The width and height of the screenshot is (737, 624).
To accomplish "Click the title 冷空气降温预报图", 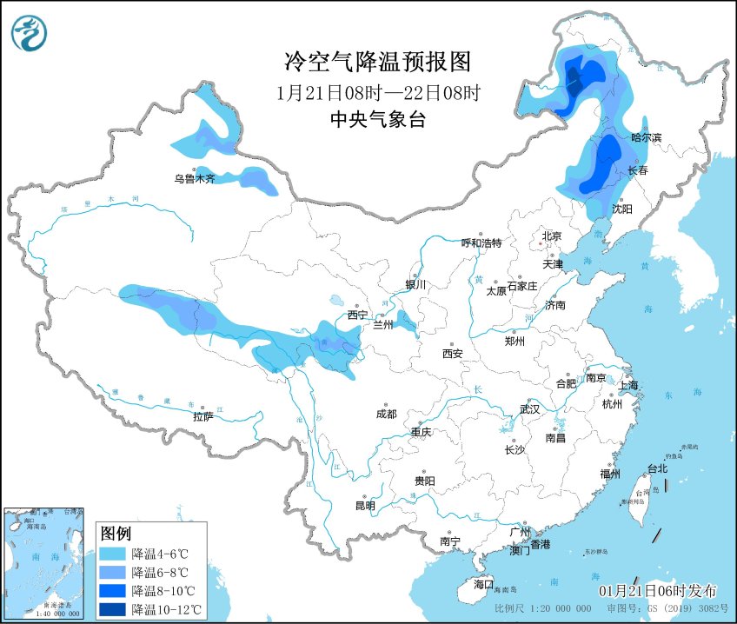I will coord(377,62).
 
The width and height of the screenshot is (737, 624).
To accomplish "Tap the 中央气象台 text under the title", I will coord(377,121).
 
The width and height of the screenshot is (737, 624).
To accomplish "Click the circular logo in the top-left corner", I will coord(30,33).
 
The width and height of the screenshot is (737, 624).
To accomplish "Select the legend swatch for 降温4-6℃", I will coord(112,554).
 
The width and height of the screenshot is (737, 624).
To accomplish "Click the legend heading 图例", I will coord(116,533).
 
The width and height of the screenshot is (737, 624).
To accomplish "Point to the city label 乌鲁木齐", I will coord(193,179).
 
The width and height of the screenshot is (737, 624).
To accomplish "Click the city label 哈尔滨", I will coord(646,137).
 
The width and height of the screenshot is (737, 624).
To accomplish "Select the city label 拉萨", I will coord(203,417).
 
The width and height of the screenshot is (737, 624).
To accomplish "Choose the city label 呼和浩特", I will coord(481,243).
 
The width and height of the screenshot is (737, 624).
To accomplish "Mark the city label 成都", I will coord(386,415).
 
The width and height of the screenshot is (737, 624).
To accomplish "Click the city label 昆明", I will coord(365,506).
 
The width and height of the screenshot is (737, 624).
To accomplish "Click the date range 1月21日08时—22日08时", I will coord(377,92).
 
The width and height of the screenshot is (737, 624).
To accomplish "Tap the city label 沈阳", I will coord(621,209).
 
